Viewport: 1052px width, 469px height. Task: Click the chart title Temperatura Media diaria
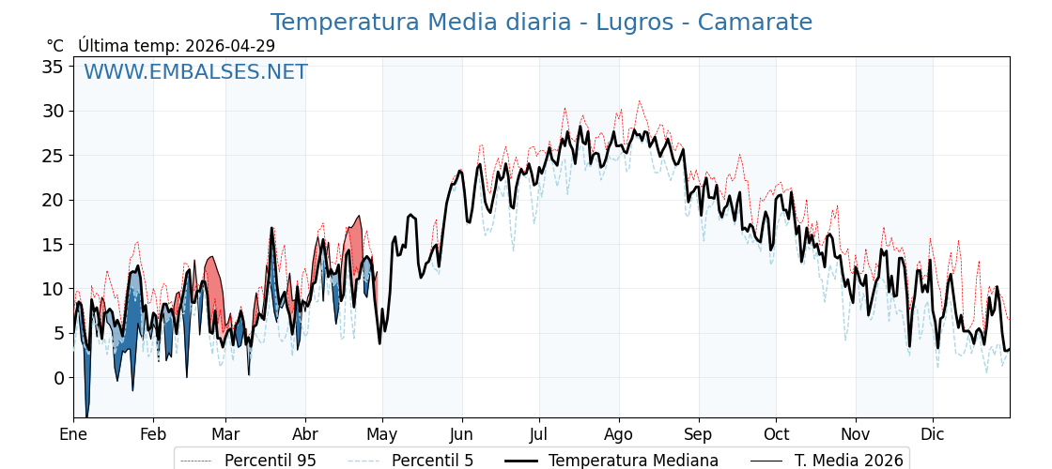541,23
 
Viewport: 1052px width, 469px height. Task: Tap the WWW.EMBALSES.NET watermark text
195,72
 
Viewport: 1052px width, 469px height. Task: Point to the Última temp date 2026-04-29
230,46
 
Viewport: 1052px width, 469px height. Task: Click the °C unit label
55,46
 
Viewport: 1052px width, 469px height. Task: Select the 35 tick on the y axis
53,67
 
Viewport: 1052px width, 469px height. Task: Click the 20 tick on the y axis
53,200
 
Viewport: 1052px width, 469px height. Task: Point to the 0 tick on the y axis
58,378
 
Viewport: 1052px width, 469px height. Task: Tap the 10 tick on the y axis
53,289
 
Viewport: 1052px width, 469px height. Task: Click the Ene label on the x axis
73,434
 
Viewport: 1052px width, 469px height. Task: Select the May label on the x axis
382,434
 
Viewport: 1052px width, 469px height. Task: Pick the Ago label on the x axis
619,434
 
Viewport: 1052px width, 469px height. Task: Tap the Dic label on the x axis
933,434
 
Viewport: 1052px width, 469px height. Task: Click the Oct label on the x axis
776,434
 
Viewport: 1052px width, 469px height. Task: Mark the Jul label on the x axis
539,434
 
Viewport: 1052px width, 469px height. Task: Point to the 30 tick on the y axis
53,111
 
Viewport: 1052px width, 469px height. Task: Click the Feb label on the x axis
153,434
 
